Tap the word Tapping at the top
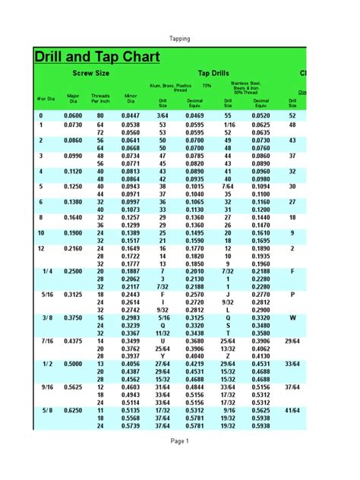coord(180,39)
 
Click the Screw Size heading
coord(90,74)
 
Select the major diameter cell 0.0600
coord(73,115)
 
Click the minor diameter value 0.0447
coord(130,115)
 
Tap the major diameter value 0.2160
coord(73,248)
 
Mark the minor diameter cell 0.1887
coord(130,270)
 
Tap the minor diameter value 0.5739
coord(130,426)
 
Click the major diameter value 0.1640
coord(73,216)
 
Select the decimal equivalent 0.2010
coord(195,270)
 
